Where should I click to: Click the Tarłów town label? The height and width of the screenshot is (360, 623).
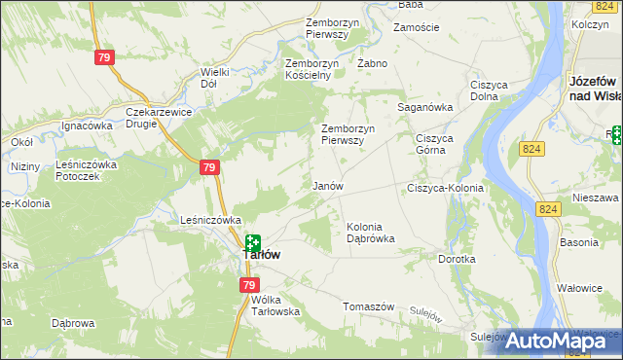tap(262, 254)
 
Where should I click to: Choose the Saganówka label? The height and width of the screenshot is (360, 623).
tap(425, 107)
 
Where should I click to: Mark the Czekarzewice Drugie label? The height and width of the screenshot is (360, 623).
tap(158, 117)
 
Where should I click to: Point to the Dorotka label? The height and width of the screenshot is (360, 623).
tap(457, 260)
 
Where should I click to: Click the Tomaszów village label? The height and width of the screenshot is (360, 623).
tap(368, 306)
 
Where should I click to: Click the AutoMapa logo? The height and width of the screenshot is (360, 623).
tap(560, 341)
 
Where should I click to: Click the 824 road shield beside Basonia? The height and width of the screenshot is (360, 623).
tap(549, 209)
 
